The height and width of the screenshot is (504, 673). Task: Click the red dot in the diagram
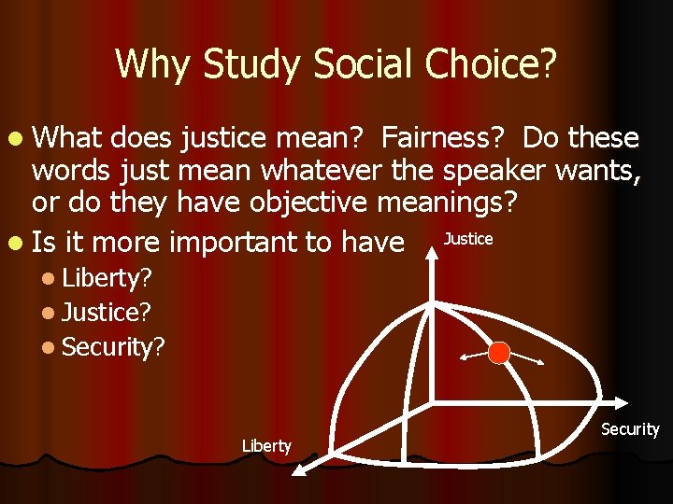point(499,353)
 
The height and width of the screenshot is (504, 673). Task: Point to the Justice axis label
point(467,240)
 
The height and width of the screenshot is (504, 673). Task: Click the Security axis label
point(629,429)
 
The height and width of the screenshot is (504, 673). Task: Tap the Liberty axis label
point(266,446)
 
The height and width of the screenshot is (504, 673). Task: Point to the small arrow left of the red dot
point(473,356)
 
